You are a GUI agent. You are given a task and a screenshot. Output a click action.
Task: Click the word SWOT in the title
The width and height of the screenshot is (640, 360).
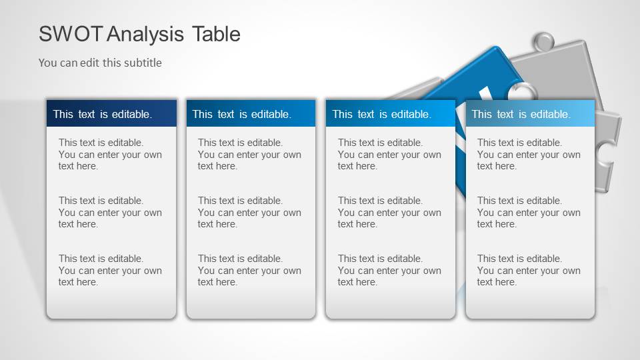pyautogui.click(x=71, y=34)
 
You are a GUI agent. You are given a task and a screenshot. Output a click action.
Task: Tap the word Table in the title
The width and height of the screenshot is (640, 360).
pyautogui.click(x=216, y=34)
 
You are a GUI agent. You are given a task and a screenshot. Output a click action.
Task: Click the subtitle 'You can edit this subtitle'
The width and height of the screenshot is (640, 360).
pyautogui.click(x=100, y=63)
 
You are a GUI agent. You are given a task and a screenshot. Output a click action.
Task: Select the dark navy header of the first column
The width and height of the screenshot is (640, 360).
pyautogui.click(x=111, y=113)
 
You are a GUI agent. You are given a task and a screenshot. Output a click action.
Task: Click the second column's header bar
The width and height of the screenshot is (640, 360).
pyautogui.click(x=251, y=113)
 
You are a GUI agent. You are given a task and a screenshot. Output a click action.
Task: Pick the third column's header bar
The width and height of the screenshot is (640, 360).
pyautogui.click(x=390, y=113)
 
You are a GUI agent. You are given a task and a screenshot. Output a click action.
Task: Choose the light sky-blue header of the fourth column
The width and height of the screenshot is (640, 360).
pyautogui.click(x=529, y=113)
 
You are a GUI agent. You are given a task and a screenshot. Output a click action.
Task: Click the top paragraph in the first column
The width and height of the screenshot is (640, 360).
pyautogui.click(x=110, y=154)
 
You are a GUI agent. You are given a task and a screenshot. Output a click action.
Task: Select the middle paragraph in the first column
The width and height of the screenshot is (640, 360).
pyautogui.click(x=110, y=212)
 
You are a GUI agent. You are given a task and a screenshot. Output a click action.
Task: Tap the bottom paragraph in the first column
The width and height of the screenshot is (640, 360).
pyautogui.click(x=110, y=270)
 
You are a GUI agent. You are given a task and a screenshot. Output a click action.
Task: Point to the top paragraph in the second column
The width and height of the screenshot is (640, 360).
pyautogui.click(x=249, y=154)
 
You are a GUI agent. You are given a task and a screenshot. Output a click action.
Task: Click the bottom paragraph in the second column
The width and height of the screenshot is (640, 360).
pyautogui.click(x=249, y=270)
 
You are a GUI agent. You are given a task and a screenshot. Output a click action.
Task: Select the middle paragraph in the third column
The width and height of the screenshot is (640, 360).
pyautogui.click(x=389, y=212)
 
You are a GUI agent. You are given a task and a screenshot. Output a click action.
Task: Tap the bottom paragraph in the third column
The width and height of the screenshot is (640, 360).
pyautogui.click(x=389, y=270)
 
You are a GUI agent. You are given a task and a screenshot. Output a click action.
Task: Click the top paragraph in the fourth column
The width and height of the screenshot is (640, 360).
pyautogui.click(x=529, y=154)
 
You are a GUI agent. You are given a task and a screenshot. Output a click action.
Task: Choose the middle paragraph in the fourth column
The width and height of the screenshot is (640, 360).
pyautogui.click(x=529, y=212)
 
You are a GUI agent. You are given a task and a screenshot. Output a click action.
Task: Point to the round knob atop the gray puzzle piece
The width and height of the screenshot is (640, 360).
pyautogui.click(x=545, y=42)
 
